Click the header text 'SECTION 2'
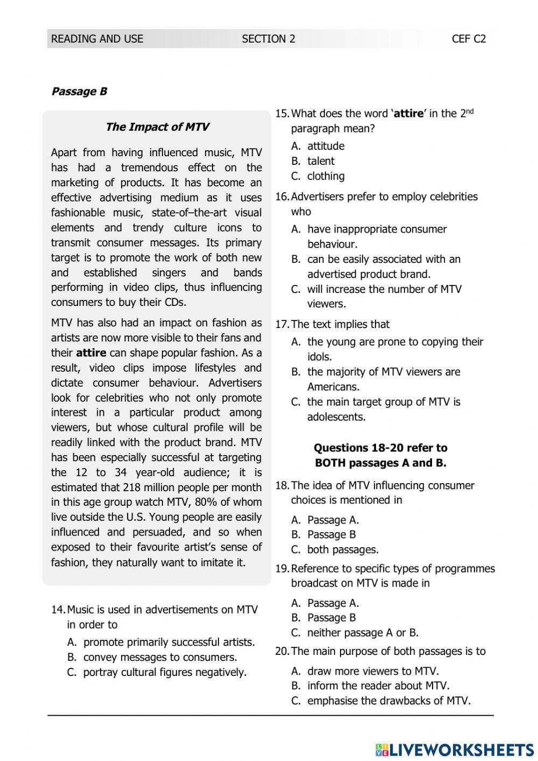tap(268, 39)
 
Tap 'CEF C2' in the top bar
tap(469, 39)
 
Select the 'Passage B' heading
tap(79, 92)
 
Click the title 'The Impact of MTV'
tap(157, 127)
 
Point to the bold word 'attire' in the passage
tap(91, 353)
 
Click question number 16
tap(282, 197)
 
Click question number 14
tap(58, 610)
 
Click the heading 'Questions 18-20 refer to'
tap(380, 448)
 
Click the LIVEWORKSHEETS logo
tap(455, 750)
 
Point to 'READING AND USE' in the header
tap(97, 39)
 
